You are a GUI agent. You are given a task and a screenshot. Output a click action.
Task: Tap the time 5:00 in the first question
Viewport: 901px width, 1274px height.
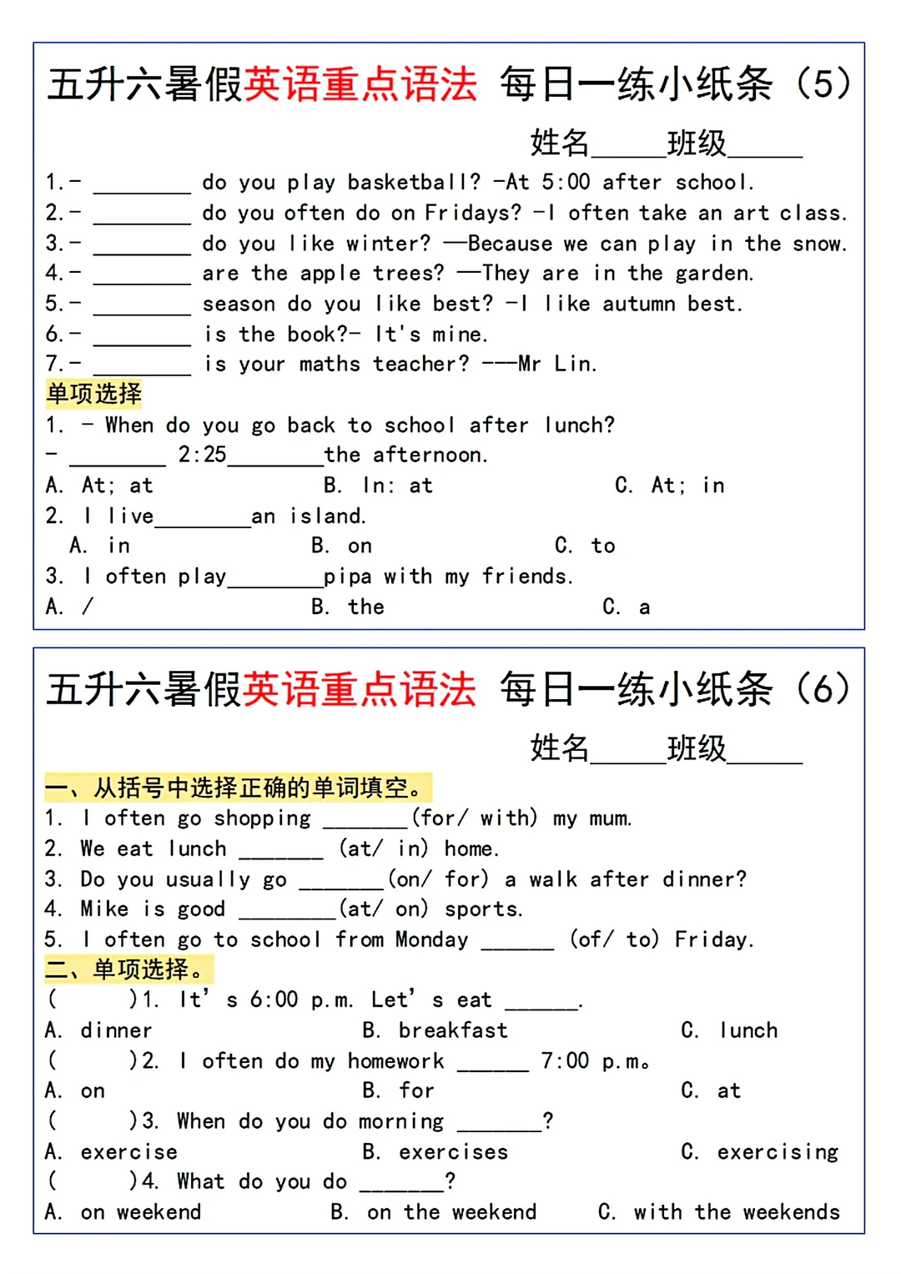pos(566,182)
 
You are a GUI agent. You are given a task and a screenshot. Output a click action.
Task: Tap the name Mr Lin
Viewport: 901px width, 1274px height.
pos(556,364)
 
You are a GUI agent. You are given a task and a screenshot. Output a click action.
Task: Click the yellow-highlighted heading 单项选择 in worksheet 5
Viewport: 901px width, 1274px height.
pos(94,394)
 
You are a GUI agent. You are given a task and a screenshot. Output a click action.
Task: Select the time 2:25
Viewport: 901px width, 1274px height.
pos(202,455)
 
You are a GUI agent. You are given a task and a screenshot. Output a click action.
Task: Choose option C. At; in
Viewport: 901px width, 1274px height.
pos(669,486)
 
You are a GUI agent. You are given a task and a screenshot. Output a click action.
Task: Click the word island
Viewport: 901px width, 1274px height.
pos(328,516)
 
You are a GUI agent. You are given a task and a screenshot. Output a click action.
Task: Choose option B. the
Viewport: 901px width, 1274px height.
pos(348,607)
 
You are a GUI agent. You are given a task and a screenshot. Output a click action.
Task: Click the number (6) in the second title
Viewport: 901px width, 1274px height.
pos(823,689)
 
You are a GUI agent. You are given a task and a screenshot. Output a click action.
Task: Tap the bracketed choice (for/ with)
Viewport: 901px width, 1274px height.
pos(474,818)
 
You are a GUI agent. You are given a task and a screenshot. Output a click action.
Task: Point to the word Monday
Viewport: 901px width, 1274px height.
pos(431,939)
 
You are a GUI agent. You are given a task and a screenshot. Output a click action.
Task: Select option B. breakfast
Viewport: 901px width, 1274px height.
pos(435,1030)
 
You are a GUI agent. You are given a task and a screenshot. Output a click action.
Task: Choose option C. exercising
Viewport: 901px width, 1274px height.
pos(759,1152)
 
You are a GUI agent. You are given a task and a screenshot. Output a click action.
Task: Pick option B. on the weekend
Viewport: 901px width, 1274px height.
pos(434,1212)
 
